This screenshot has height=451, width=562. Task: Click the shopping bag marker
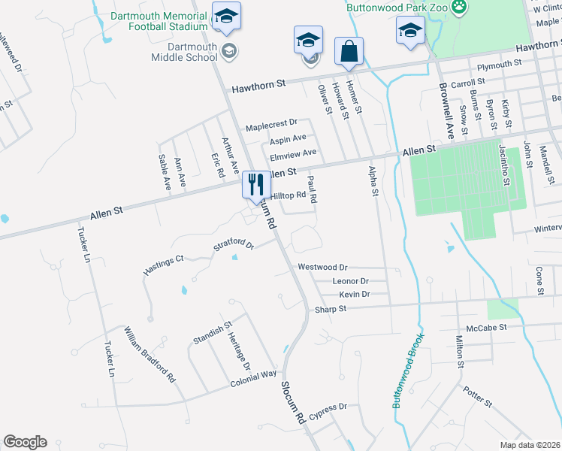click(x=349, y=52)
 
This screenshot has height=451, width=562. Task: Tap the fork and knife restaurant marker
click(x=255, y=185)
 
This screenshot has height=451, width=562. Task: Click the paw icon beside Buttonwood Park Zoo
click(x=459, y=8)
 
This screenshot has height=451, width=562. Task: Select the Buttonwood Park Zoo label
click(x=397, y=7)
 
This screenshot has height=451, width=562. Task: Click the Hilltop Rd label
click(x=288, y=195)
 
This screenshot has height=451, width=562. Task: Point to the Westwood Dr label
click(x=322, y=267)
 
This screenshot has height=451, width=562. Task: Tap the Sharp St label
click(x=330, y=309)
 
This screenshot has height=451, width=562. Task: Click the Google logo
click(x=25, y=442)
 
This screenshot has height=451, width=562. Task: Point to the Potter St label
click(x=477, y=398)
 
